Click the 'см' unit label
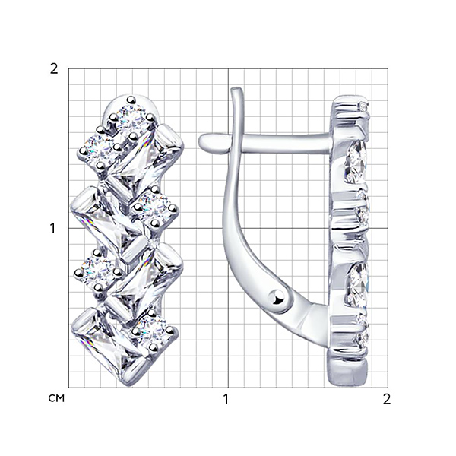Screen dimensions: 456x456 click(56, 399)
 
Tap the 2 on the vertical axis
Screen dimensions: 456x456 click(54, 69)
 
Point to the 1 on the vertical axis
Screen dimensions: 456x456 click(52, 229)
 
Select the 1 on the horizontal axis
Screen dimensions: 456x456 click(226, 399)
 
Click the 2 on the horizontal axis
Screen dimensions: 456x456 click(387, 399)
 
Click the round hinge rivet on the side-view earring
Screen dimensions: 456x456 click(276, 297)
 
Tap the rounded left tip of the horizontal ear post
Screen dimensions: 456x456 click(204, 141)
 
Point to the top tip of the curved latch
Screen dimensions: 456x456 click(236, 88)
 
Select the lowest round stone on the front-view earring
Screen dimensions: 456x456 click(152, 331)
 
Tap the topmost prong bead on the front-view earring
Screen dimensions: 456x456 click(131, 100)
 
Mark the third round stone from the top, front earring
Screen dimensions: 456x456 click(155, 208)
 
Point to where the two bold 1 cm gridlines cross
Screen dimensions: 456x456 click(228, 228)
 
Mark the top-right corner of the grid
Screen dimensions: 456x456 click(388, 69)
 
